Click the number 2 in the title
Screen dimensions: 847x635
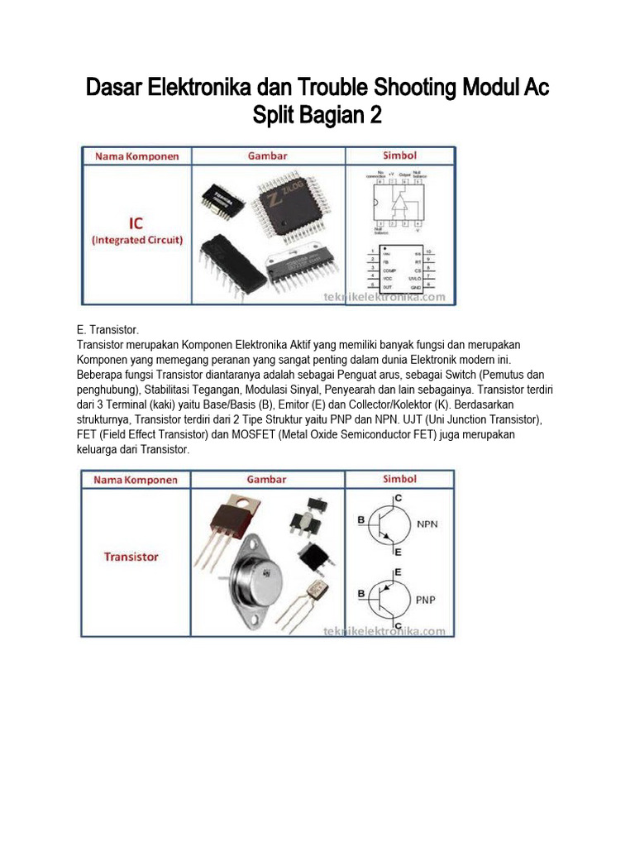[x=375, y=117]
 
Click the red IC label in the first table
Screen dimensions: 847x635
[x=136, y=223]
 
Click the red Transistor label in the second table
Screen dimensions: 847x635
[x=131, y=557]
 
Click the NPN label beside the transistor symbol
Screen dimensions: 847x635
[x=427, y=524]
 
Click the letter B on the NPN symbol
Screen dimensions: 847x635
[x=361, y=520]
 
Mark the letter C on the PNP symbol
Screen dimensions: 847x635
[x=399, y=626]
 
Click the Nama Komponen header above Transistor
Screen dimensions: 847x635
[x=136, y=479]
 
